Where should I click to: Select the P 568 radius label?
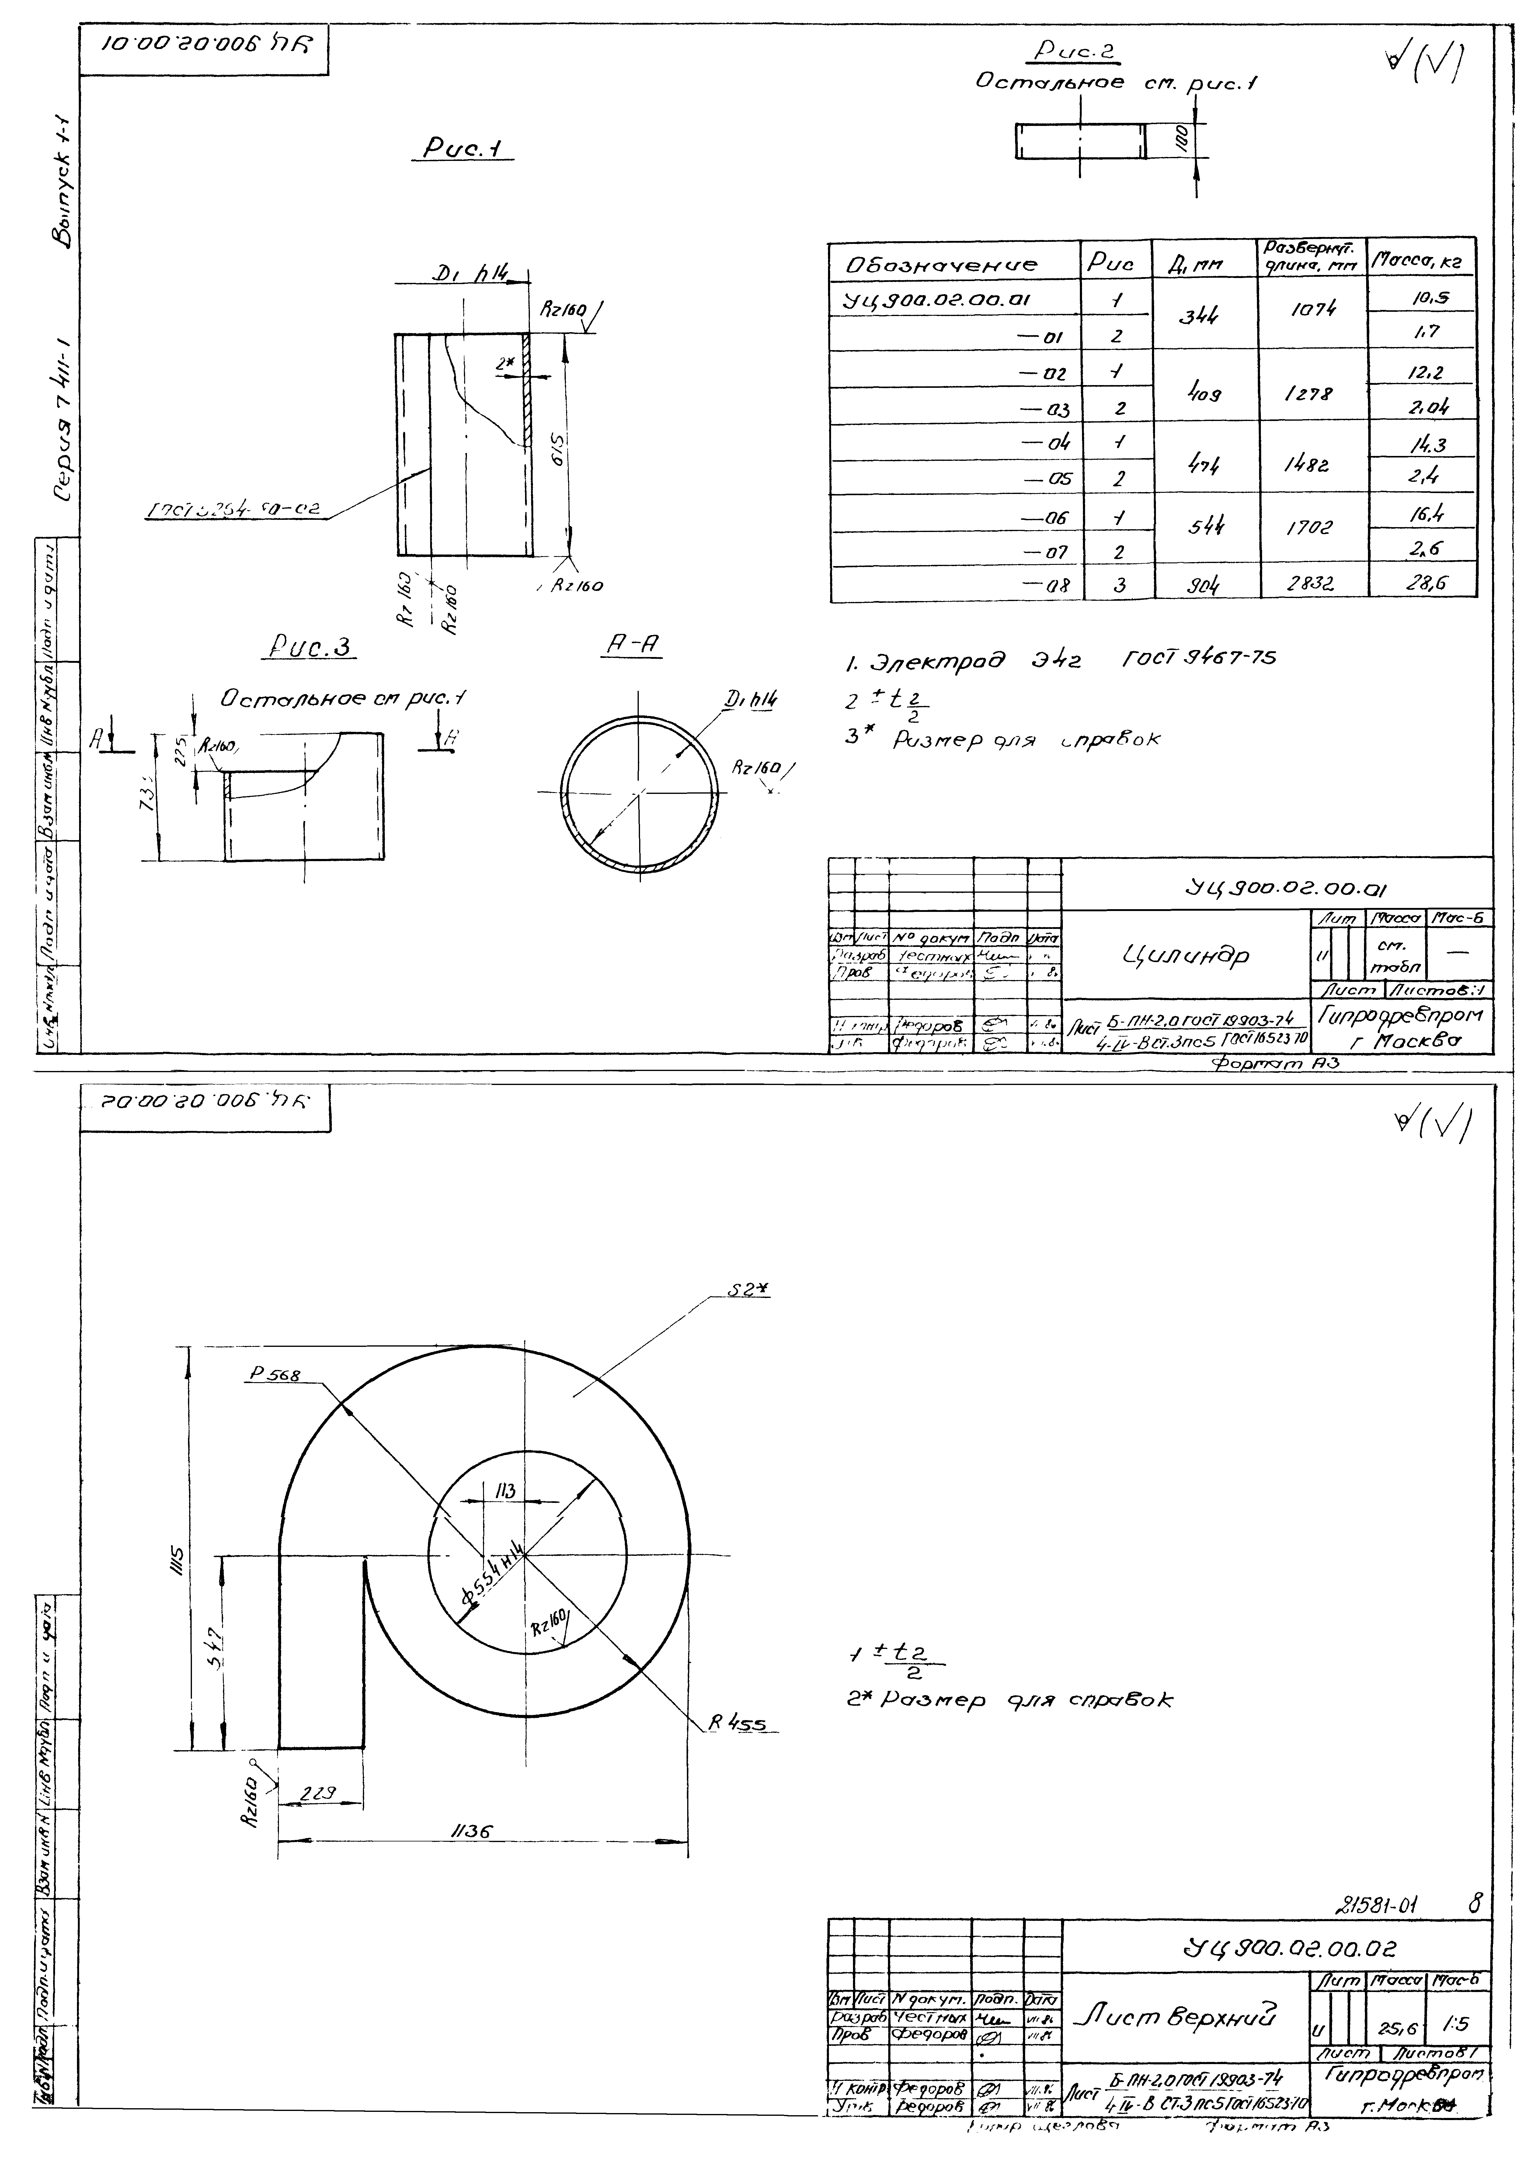pos(276,1375)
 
